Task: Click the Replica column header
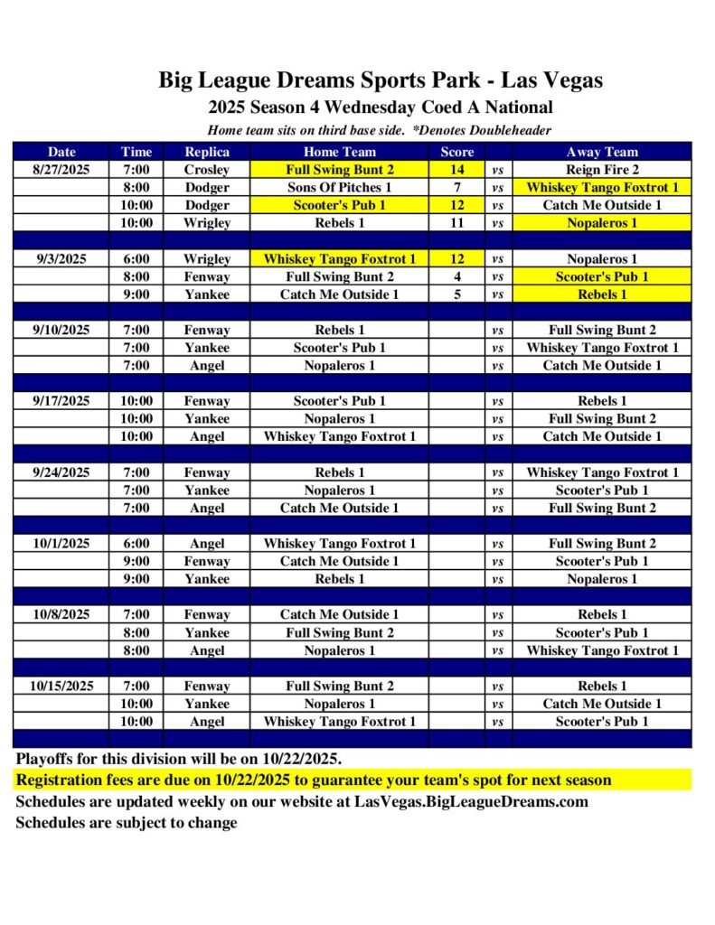click(x=207, y=152)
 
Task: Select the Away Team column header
click(x=601, y=152)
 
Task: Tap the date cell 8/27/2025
click(x=61, y=170)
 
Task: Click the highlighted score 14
click(x=457, y=170)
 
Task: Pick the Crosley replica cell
click(x=207, y=170)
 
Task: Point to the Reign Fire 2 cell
click(x=601, y=170)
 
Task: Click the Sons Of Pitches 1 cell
click(x=339, y=187)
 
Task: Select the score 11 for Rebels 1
click(x=457, y=222)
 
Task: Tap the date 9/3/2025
click(x=61, y=258)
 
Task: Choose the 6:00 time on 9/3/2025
click(x=136, y=258)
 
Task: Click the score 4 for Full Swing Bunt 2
click(x=457, y=276)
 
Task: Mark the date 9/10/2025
click(x=61, y=330)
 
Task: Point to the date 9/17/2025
click(x=61, y=401)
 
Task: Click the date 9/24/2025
click(x=61, y=472)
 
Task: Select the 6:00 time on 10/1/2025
click(x=136, y=544)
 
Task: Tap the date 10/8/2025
click(x=61, y=614)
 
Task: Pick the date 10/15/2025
click(x=61, y=686)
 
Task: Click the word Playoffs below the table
click(x=46, y=758)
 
